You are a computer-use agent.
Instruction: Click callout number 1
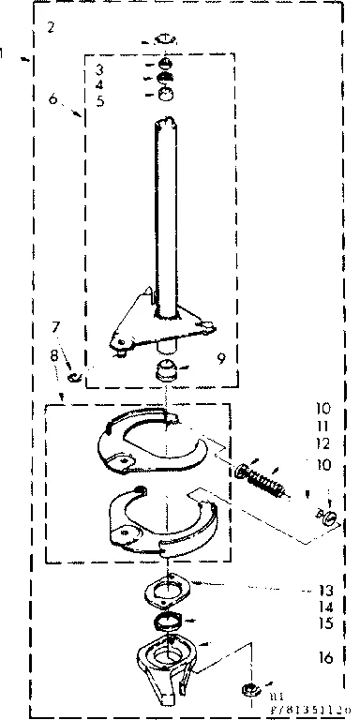(x=6, y=54)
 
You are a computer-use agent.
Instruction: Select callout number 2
(x=51, y=26)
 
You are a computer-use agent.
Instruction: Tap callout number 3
(x=100, y=70)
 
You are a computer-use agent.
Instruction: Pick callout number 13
(x=323, y=591)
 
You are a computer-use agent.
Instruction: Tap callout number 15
(x=323, y=622)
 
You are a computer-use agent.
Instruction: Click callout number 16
(x=325, y=658)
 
